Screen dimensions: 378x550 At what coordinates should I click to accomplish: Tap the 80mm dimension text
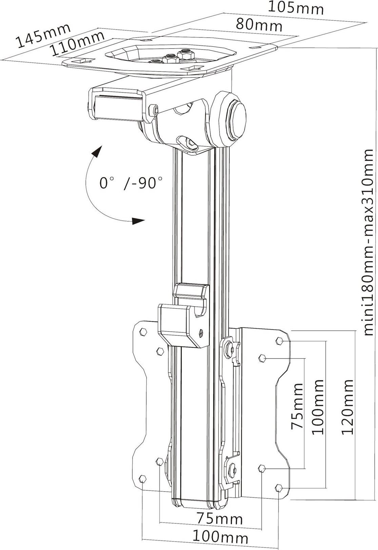point(259,24)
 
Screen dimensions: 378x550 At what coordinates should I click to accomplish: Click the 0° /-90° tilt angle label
point(131,183)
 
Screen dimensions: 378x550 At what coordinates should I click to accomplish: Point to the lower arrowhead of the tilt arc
point(138,221)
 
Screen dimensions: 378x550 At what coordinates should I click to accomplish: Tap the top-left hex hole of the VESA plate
point(143,332)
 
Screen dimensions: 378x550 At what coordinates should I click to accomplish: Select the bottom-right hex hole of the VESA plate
point(279,488)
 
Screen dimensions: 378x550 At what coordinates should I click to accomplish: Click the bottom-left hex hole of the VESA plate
point(143,479)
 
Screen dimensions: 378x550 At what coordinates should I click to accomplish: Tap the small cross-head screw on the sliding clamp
point(202,333)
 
